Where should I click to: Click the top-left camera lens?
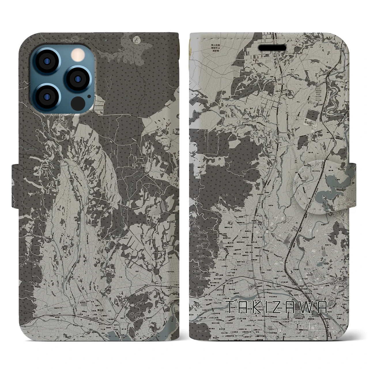[x=47, y=61]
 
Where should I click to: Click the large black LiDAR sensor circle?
[x=77, y=103]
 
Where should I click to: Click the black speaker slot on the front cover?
[x=272, y=48]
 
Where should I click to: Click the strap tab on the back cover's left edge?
[x=16, y=186]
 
